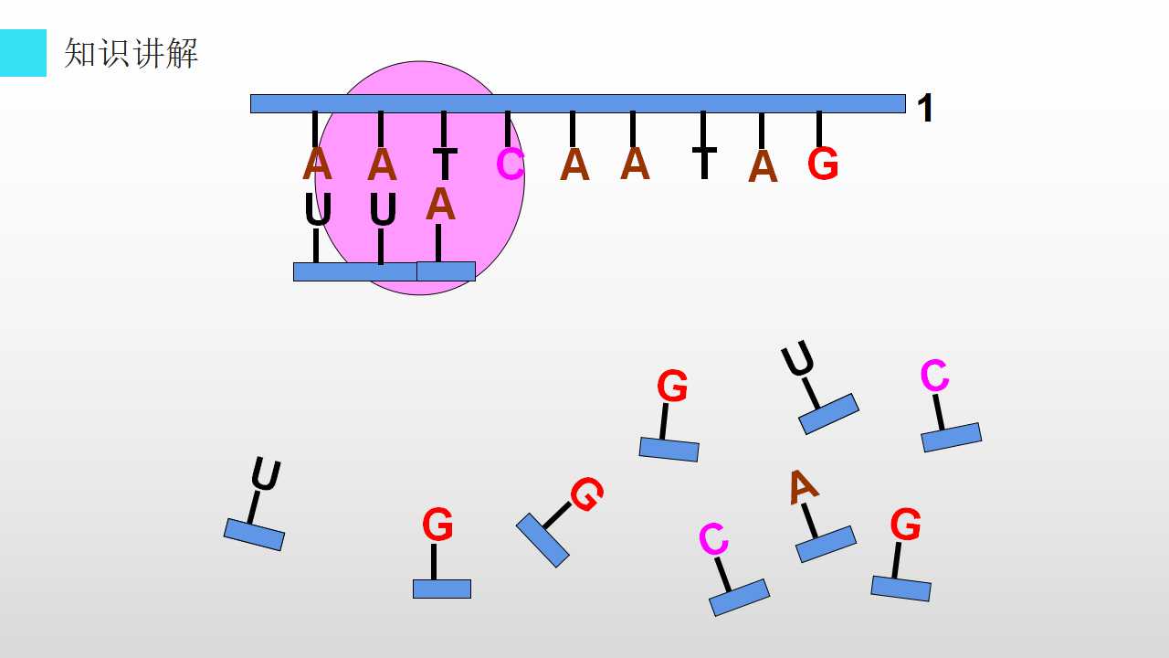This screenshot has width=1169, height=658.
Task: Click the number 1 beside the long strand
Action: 925,108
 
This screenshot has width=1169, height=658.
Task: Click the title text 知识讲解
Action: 131,53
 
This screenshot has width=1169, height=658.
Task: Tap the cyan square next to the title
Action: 23,53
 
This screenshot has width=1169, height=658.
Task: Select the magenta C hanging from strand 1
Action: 510,164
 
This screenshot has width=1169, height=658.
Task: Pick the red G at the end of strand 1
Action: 823,164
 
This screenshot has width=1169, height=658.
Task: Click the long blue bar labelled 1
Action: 578,103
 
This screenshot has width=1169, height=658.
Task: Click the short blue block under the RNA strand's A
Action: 446,271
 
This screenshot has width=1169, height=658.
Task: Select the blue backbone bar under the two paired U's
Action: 355,271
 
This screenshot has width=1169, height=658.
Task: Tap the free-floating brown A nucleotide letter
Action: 803,487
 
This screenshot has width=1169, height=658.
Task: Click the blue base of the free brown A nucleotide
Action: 827,544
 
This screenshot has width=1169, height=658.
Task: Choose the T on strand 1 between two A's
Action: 704,163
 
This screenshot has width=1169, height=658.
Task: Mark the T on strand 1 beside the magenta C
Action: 445,164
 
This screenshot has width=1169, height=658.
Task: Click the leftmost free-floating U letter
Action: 266,474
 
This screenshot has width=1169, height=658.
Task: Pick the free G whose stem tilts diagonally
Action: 587,494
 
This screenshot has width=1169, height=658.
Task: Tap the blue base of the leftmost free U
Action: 254,535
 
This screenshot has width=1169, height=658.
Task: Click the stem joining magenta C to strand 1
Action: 507,129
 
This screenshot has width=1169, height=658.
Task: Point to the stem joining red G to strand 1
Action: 819,129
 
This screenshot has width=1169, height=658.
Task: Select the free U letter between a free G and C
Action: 797,358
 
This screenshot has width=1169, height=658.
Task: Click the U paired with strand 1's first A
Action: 318,209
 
